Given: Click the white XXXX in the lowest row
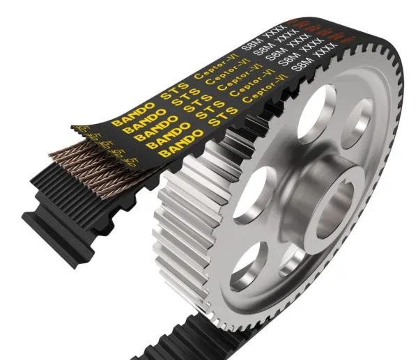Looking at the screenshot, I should point(332,50).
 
